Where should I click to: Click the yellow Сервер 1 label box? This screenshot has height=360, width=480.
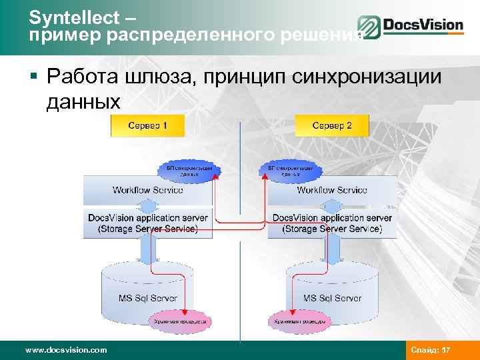[x=147, y=125]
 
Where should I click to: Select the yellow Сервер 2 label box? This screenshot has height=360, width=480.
[x=332, y=125]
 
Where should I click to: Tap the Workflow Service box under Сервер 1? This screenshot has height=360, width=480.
[x=147, y=191]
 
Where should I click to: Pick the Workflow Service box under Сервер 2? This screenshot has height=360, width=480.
[x=332, y=191]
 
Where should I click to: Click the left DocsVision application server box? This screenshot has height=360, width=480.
[x=147, y=223]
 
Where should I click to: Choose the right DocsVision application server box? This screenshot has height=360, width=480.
[x=332, y=223]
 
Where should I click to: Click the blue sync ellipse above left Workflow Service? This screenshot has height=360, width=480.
[x=189, y=171]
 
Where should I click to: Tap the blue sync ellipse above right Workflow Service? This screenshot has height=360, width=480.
[x=291, y=171]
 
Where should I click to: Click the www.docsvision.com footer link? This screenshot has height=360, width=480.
[x=65, y=349]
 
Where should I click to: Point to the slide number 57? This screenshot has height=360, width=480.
[x=447, y=349]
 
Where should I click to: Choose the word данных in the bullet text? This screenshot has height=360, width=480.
[x=84, y=102]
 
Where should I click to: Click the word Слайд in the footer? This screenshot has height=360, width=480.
[x=425, y=349]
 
